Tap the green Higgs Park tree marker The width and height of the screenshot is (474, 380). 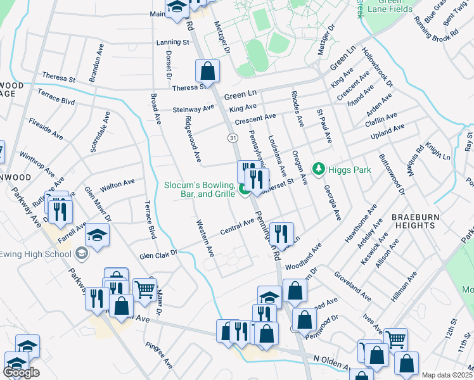(319, 169)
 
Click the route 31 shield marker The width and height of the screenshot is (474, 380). (233, 137)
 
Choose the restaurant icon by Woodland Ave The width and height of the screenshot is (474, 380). (279, 233)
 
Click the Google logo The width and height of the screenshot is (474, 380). (21, 372)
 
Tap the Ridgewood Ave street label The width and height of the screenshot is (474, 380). (193, 137)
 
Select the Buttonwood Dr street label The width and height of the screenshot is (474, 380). (391, 172)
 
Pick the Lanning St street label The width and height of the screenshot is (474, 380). (173, 42)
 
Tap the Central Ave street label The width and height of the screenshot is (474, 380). (237, 229)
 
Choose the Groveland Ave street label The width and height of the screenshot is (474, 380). (357, 287)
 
